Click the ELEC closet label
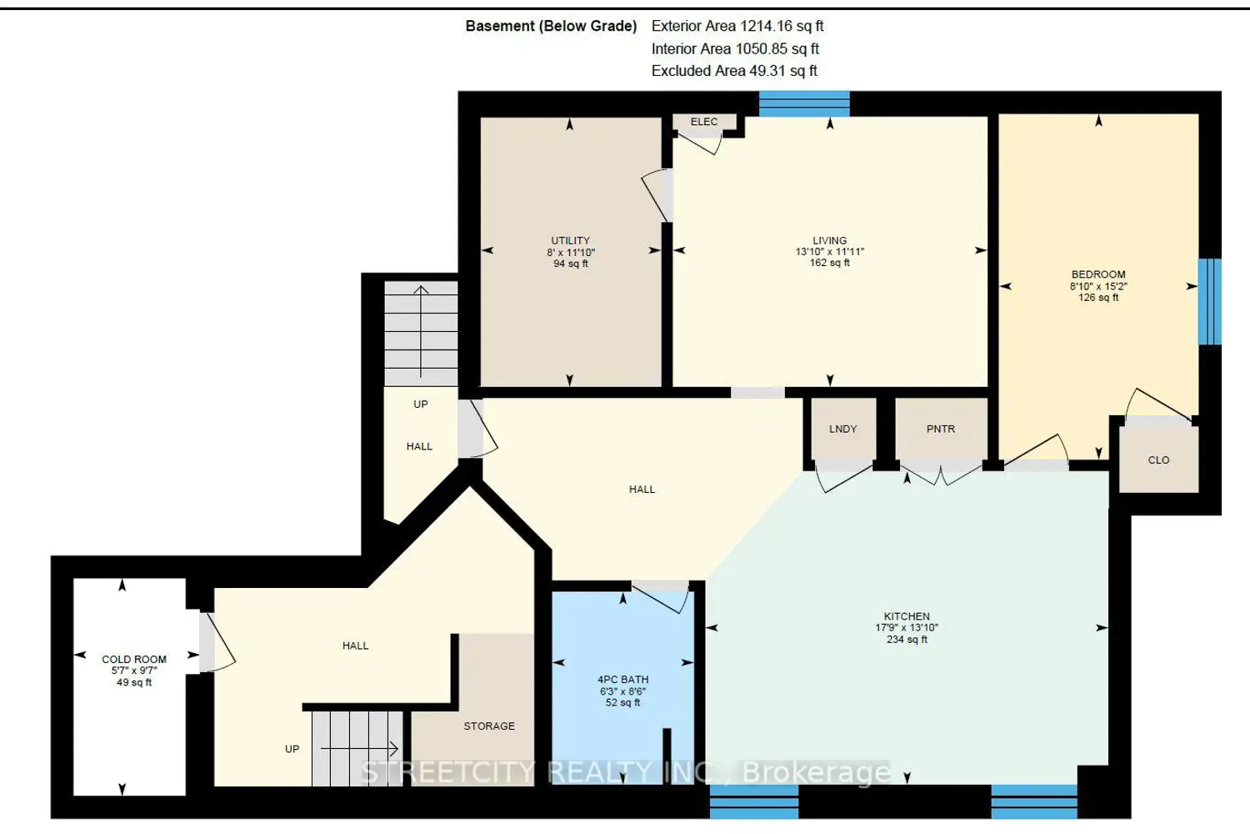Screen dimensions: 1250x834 click(703, 122)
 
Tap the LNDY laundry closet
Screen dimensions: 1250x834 click(842, 429)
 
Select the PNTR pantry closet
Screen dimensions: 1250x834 click(941, 429)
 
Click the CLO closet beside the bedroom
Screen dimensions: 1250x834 click(1158, 460)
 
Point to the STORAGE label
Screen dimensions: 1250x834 click(489, 726)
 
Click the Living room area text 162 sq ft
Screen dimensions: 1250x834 click(830, 263)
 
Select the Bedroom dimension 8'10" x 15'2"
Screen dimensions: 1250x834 click(1098, 286)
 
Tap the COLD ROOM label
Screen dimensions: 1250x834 click(134, 659)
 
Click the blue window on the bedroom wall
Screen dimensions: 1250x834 click(1209, 302)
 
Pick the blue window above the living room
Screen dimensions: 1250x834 click(804, 104)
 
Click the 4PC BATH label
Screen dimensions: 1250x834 click(622, 679)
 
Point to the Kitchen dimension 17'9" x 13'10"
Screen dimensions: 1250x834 click(907, 627)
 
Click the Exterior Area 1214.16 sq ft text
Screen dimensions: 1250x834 click(737, 26)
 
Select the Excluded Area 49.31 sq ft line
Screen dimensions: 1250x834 click(734, 71)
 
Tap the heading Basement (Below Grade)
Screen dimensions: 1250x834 click(551, 26)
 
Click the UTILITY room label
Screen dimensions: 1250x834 click(570, 240)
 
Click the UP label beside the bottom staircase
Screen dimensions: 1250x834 click(292, 749)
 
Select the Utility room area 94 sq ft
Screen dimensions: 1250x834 click(570, 264)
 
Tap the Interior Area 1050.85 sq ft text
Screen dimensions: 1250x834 click(735, 48)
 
